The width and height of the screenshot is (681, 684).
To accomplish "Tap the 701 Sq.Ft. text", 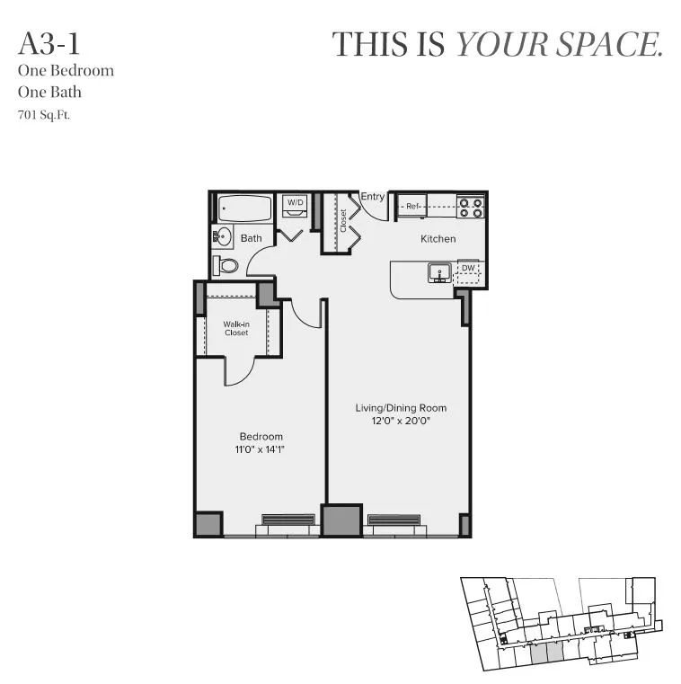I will point(44,115).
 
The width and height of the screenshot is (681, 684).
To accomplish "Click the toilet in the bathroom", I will point(227,265).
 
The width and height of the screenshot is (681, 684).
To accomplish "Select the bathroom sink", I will point(223,237).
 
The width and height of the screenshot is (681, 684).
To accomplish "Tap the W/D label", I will point(295,203).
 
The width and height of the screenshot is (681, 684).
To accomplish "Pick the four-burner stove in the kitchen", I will point(470,207).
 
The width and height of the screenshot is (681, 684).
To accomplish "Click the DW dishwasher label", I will point(467,267).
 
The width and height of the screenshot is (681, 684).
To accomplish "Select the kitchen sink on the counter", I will point(439,271).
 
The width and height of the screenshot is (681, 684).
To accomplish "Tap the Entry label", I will point(372,197).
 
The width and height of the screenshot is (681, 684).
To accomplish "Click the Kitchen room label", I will point(438,239).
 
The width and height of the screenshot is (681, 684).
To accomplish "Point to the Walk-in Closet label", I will point(236,328).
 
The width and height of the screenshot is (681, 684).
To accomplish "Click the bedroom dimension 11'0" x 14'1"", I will point(261,449).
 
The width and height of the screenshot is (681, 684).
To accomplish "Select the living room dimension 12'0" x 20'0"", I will point(400,422).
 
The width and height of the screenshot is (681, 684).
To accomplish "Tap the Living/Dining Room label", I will point(400,408).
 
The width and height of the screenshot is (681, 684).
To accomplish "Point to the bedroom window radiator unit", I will point(287,520).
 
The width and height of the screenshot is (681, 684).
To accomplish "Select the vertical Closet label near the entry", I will point(343,221).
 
